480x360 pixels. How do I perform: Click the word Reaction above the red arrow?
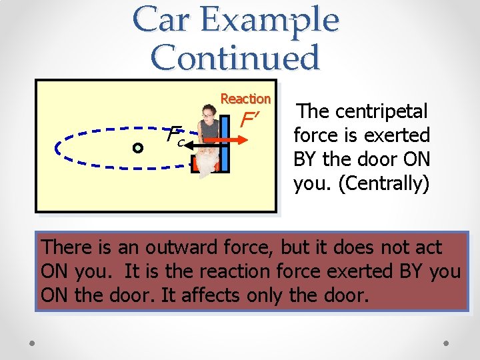[245, 99]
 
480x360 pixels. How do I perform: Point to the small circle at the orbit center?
[137, 148]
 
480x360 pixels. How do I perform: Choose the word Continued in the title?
[236, 57]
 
